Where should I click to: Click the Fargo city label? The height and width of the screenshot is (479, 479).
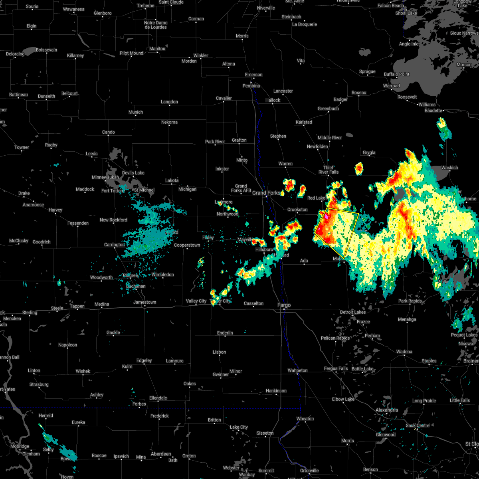(284, 305)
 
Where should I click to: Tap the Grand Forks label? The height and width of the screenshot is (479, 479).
(266, 193)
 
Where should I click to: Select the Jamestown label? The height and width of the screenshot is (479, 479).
(144, 302)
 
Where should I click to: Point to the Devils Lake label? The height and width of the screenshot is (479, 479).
(133, 173)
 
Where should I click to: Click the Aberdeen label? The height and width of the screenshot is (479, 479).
(160, 454)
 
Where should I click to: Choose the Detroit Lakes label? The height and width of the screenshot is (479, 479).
(353, 312)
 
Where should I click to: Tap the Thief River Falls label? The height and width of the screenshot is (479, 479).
(328, 170)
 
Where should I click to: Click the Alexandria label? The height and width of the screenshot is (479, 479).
(386, 410)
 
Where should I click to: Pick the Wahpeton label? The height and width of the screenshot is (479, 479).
(297, 370)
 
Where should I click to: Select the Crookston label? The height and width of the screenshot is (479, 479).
(297, 210)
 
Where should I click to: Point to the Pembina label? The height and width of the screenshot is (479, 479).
(251, 86)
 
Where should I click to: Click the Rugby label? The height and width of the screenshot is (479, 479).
(51, 145)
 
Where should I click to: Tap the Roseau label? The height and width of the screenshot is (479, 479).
(359, 93)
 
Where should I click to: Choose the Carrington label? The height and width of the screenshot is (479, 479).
(114, 245)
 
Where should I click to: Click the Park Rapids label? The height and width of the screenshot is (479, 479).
(410, 301)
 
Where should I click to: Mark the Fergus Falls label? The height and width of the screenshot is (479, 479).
(336, 368)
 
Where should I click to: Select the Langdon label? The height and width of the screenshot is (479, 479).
(169, 102)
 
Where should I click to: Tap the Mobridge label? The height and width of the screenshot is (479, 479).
(20, 446)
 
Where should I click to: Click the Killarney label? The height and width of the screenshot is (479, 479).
(75, 55)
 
